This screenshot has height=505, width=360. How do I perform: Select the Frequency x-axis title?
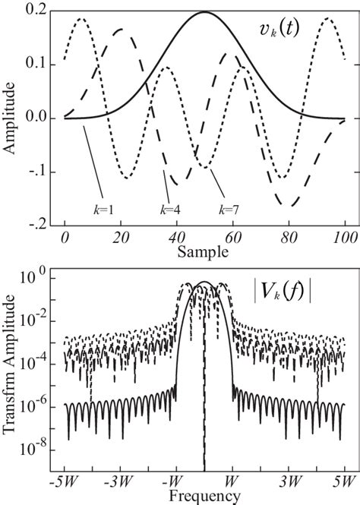205,497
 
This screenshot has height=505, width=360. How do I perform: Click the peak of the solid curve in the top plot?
205,12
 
